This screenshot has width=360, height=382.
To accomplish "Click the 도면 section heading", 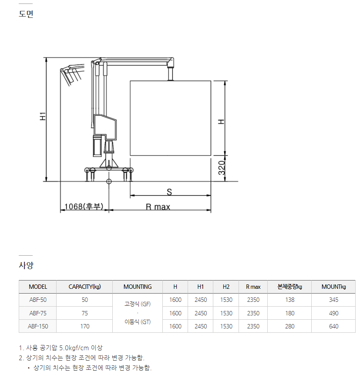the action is [26, 14].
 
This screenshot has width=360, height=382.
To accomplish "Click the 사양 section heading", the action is [26, 265].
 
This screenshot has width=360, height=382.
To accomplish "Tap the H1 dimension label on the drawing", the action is [43, 116].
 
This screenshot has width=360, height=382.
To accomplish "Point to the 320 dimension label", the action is [222, 168].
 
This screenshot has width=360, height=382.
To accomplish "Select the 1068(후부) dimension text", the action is [84, 206].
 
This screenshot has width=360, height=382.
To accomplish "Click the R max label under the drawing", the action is [158, 207].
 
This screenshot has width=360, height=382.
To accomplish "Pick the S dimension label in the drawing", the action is [169, 192].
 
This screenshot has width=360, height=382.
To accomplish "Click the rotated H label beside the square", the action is [221, 122].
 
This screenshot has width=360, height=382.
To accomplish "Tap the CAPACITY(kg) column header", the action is [85, 287].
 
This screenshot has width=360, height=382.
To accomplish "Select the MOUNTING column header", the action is [138, 287].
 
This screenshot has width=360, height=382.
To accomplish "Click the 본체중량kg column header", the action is [289, 287].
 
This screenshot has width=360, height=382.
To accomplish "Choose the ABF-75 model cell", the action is [38, 313].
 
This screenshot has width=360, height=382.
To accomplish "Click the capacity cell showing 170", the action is [85, 326].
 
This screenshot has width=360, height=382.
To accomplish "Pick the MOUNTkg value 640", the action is [333, 326].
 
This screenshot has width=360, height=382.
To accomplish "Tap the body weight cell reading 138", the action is [289, 300].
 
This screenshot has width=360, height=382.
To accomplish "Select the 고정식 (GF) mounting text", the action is [138, 304].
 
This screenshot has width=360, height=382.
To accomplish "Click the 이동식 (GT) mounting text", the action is [138, 322].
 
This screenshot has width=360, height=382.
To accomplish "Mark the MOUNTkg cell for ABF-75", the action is [333, 313].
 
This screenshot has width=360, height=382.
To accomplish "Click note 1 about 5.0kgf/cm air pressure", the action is [61, 348].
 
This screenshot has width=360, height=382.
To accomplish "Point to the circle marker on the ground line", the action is [109, 182].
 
